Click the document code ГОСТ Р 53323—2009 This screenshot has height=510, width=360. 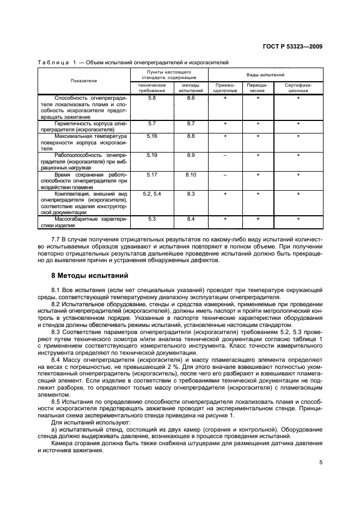291,46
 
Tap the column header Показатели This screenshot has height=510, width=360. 83,80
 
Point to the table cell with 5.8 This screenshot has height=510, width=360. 152,98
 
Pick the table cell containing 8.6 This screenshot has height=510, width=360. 191,98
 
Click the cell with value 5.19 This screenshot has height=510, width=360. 152,155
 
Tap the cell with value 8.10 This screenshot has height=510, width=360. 191,174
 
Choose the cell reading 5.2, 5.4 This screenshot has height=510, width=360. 152,193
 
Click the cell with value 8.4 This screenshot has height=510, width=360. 191,218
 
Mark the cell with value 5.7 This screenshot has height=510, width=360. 152,124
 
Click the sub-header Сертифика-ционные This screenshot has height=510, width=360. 298,88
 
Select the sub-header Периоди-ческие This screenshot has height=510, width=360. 258,88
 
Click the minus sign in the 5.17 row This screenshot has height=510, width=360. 225,174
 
